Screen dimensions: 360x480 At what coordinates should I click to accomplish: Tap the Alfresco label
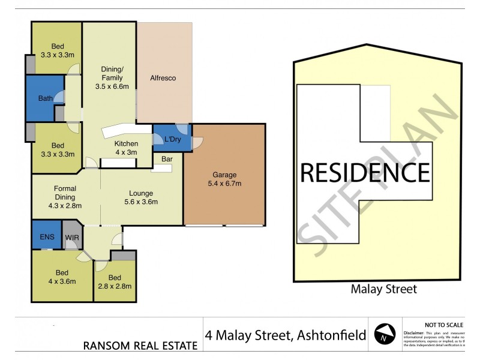[x=162, y=78]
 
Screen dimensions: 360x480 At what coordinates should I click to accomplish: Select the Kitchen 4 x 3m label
[x=126, y=148]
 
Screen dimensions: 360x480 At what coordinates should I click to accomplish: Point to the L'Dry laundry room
[x=173, y=140]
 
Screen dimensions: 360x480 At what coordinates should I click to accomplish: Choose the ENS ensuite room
[x=47, y=237]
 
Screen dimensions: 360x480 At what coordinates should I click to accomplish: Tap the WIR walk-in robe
[x=73, y=237]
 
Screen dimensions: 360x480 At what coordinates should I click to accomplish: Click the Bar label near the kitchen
[x=166, y=159]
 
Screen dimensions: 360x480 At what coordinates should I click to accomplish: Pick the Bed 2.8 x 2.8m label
[x=115, y=281]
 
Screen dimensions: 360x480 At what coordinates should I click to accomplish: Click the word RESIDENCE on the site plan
[x=364, y=173]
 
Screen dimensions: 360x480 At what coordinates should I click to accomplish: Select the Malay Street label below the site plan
[x=383, y=289]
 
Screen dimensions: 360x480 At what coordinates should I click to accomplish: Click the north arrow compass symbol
[x=385, y=334]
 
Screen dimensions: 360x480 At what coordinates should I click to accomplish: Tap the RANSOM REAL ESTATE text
[x=140, y=345]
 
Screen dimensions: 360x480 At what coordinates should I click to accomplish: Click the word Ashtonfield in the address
[x=332, y=335]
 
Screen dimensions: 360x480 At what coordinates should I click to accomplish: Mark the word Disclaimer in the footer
[x=413, y=332]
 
